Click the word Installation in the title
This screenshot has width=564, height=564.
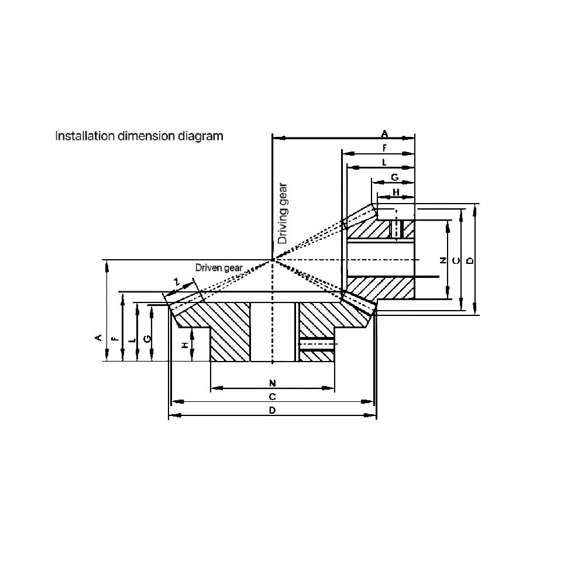(85, 136)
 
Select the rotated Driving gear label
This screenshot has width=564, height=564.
(283, 214)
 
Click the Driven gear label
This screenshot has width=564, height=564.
(219, 267)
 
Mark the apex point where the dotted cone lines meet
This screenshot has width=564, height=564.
(273, 259)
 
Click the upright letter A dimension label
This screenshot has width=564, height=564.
(384, 134)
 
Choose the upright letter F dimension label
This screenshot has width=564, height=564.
(384, 148)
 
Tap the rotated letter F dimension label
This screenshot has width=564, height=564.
(115, 338)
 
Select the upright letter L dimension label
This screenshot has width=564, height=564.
(384, 162)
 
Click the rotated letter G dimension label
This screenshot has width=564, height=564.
(147, 338)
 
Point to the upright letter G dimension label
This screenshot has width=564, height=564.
(394, 177)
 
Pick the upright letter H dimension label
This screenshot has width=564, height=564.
(396, 192)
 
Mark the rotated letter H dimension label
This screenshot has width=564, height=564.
(185, 345)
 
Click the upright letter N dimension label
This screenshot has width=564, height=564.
(272, 383)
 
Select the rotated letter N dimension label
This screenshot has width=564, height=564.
(443, 260)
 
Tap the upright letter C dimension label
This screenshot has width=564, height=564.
(272, 397)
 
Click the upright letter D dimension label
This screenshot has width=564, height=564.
(272, 410)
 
